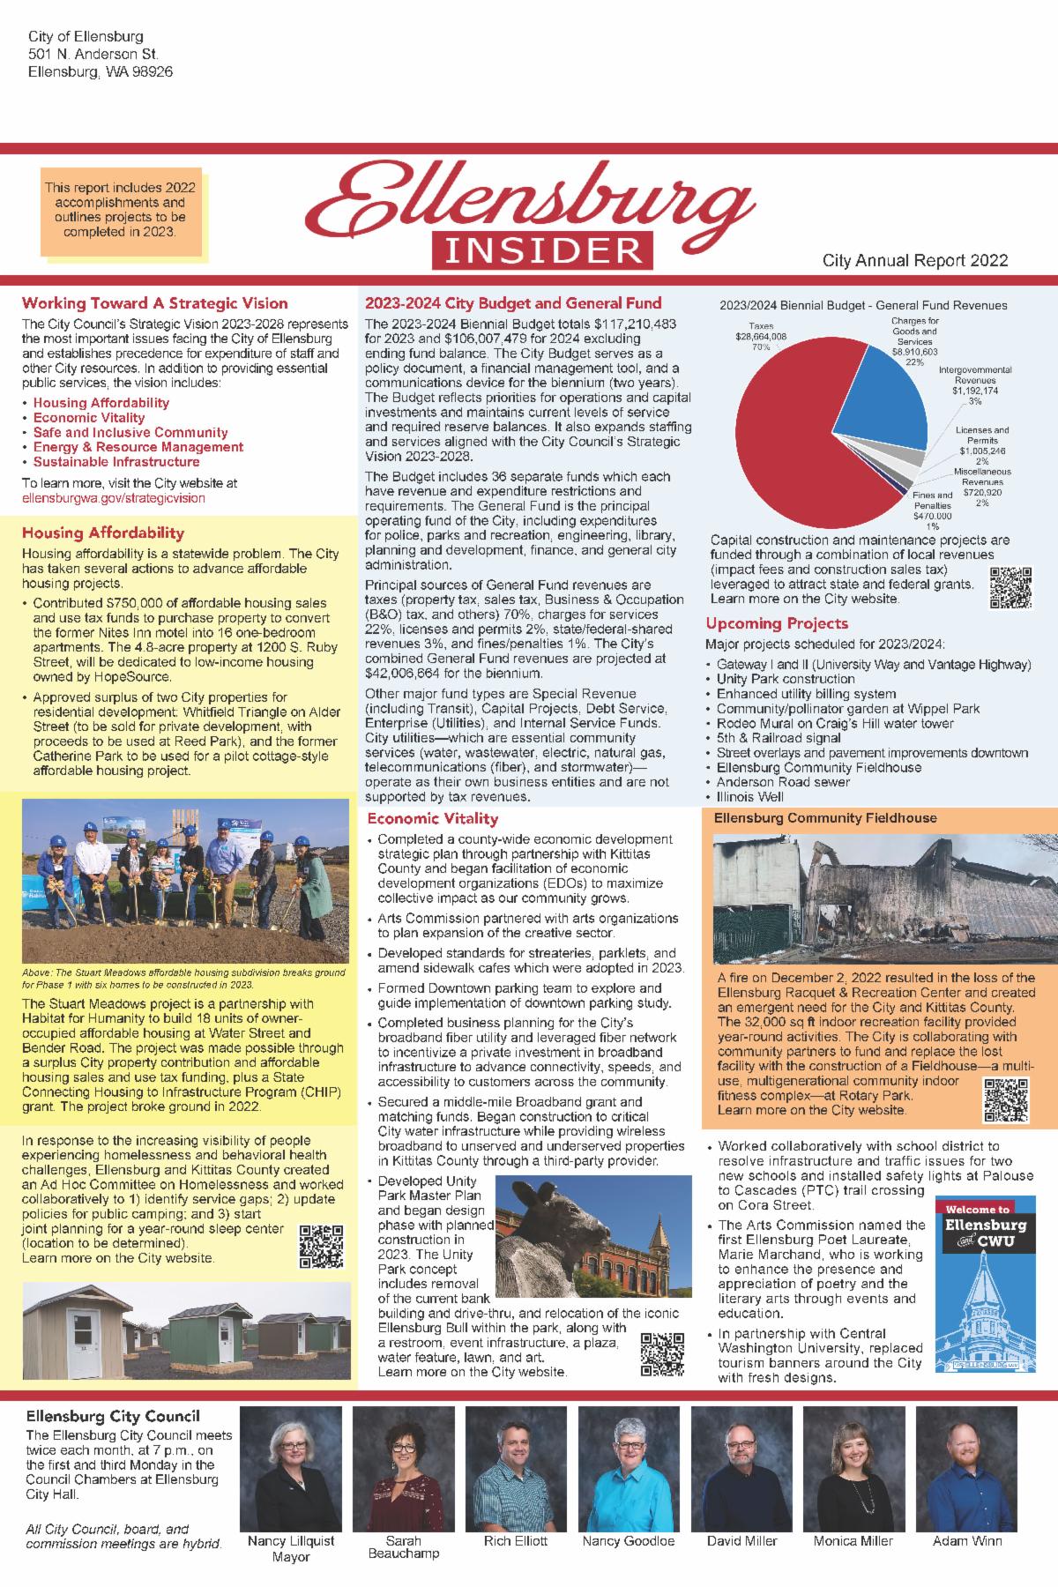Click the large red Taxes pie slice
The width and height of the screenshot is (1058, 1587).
(793, 441)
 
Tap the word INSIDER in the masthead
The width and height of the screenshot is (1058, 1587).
(542, 250)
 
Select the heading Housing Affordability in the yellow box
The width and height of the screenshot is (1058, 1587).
(103, 533)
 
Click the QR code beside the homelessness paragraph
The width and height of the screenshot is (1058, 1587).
(321, 1246)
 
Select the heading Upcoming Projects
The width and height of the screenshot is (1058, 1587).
(777, 623)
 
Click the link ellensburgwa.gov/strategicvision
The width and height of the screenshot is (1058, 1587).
(114, 498)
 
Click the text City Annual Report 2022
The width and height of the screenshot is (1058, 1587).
(915, 261)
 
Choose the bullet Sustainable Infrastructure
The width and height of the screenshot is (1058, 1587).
(116, 462)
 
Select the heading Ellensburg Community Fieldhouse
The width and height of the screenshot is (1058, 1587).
(825, 818)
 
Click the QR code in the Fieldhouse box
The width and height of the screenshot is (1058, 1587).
(1006, 1099)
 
